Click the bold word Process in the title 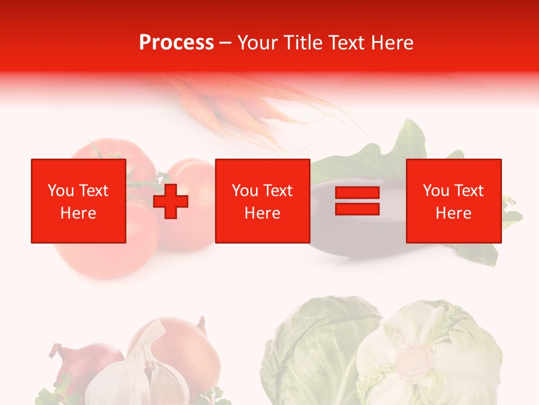(176, 43)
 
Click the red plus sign (171, 201)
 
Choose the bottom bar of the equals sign (357, 209)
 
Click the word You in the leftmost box (60, 191)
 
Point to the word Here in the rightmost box (453, 213)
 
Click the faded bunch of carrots (236, 107)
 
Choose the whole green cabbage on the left (314, 349)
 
